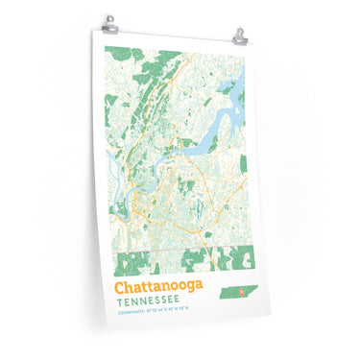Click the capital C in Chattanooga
tap(120, 286)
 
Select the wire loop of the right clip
tap(239, 32)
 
